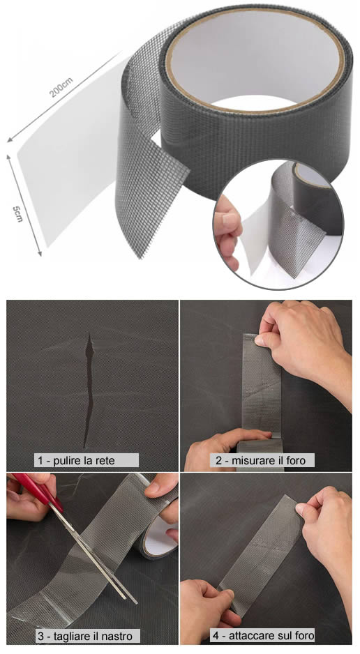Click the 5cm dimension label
(17, 213)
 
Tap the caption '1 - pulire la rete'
(76, 460)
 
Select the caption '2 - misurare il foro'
(260, 460)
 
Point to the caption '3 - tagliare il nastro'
(85, 637)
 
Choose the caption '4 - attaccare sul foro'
(262, 636)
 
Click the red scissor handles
(38, 492)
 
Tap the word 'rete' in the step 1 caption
(105, 460)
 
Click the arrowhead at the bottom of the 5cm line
(40, 252)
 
